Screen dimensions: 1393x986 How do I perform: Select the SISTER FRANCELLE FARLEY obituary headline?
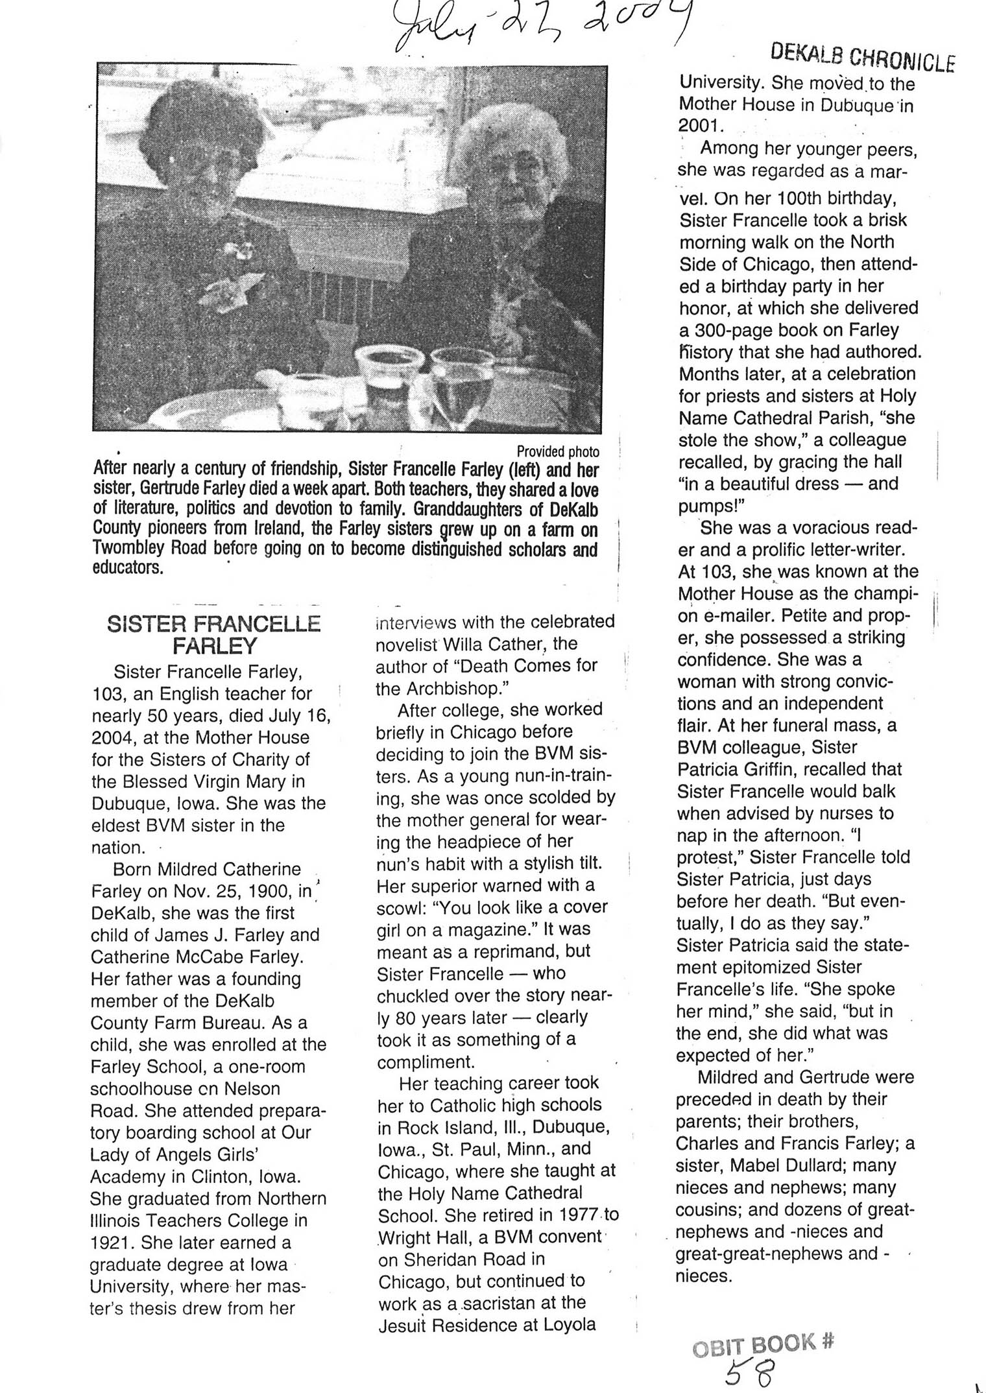point(214,634)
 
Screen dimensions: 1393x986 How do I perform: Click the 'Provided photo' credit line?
point(557,451)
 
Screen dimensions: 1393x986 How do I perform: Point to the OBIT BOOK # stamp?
point(763,1344)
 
